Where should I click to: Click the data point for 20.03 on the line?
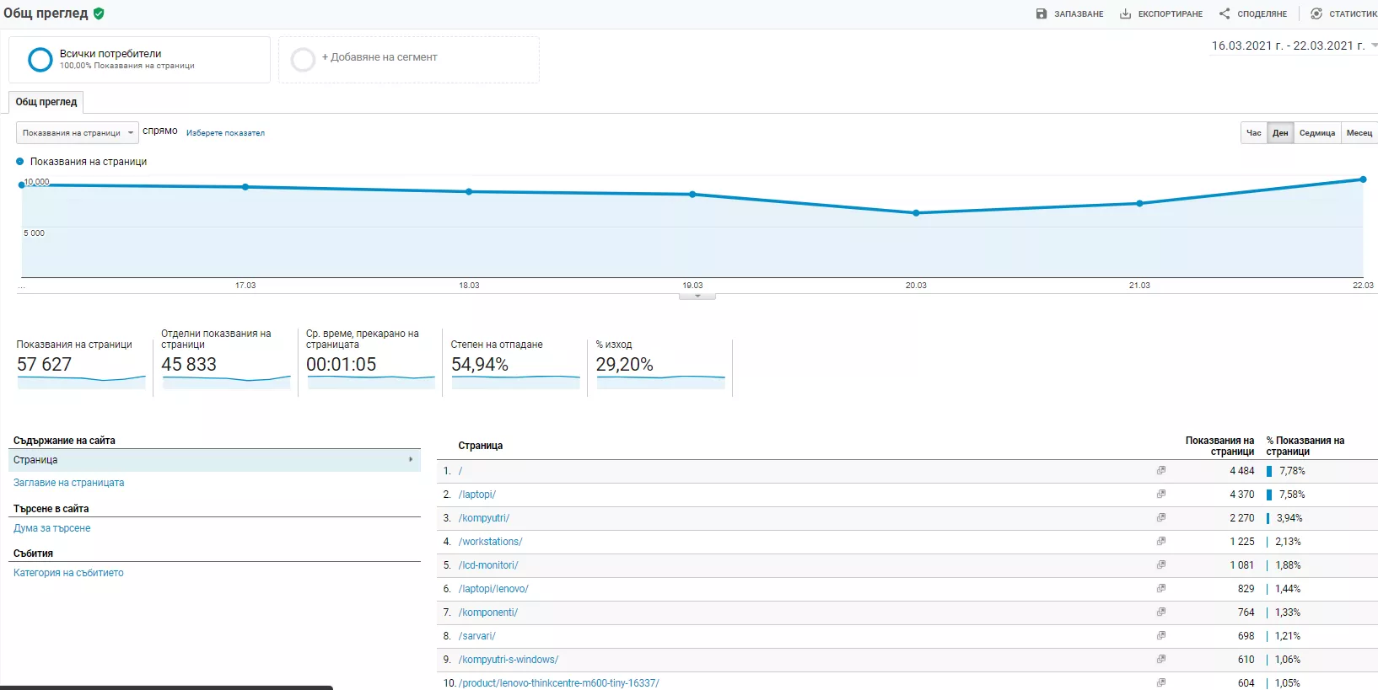(x=916, y=212)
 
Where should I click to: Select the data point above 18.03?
(x=469, y=192)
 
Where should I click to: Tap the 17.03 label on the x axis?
(x=245, y=285)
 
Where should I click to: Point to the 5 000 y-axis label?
(x=34, y=233)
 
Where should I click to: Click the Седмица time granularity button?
(x=1316, y=133)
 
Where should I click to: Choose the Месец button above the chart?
(x=1359, y=133)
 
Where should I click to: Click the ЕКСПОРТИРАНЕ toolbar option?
(x=1160, y=13)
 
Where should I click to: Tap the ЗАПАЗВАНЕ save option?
(x=1069, y=13)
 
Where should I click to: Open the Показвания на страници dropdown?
(x=78, y=133)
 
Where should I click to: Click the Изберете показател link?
(x=225, y=133)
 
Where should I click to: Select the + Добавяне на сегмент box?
(x=409, y=60)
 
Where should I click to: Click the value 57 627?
(x=45, y=364)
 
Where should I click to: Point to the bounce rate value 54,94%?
(x=480, y=364)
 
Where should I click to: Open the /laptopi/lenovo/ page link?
(x=493, y=589)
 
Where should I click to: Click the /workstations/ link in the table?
(x=490, y=542)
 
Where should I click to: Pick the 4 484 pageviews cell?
(x=1241, y=471)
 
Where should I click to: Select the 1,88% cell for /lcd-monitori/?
(x=1288, y=565)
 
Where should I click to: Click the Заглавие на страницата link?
(x=69, y=482)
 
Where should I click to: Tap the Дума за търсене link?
(x=51, y=527)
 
